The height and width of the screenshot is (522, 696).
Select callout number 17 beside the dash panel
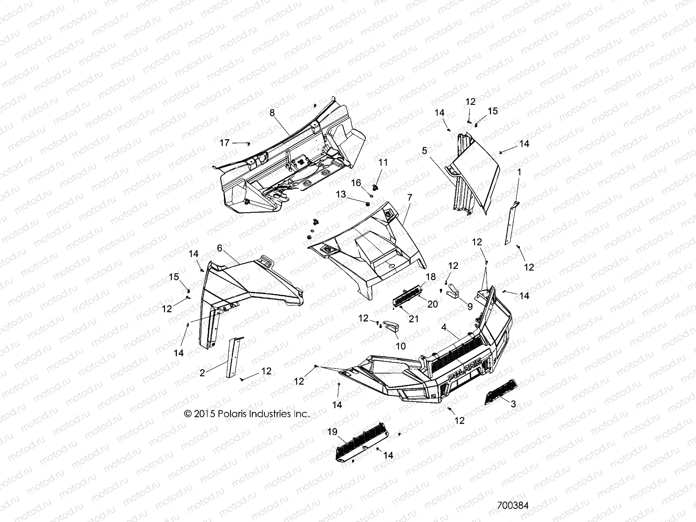[224, 142]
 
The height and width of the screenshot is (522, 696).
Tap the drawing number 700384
[512, 506]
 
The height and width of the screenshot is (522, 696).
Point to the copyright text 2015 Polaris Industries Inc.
[247, 414]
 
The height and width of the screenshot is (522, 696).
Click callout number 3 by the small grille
[513, 404]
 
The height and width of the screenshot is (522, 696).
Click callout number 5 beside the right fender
[424, 151]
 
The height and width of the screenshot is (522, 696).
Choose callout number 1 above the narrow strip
[519, 172]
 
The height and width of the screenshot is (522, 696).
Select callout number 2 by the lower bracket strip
[202, 373]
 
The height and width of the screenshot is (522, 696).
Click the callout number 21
[413, 319]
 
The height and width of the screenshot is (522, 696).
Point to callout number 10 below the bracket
[400, 346]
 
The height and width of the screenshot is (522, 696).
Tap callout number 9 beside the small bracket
[470, 306]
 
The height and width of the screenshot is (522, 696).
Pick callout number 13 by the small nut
[341, 194]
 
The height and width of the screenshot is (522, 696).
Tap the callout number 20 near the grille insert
[432, 304]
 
